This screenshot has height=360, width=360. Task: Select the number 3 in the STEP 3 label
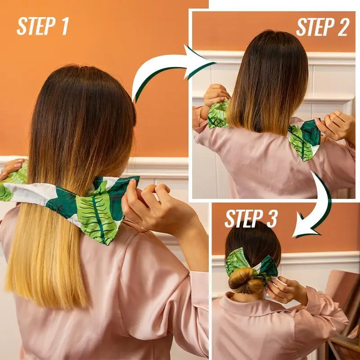269,219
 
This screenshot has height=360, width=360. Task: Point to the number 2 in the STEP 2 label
342,27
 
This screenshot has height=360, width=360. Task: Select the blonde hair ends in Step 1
49,274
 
